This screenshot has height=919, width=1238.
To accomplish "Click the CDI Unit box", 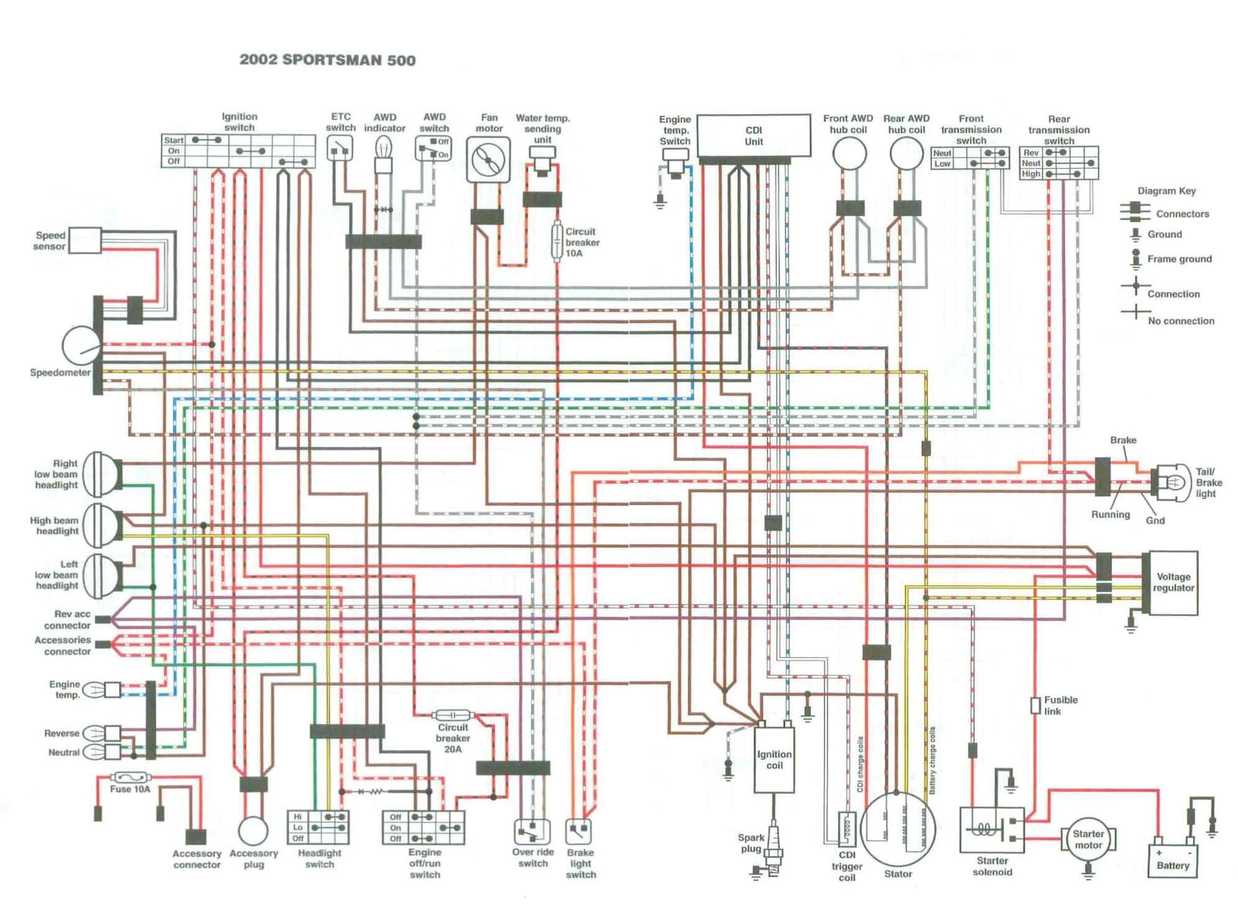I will [x=753, y=135].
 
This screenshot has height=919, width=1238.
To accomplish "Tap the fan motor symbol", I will [x=488, y=160].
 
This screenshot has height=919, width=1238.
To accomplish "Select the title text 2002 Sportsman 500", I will [x=327, y=60].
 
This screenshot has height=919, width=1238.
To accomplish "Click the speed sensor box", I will [x=84, y=240].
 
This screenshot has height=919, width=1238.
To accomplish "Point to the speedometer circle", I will [x=81, y=346].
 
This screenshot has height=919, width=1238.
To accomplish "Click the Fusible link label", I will [x=1060, y=706].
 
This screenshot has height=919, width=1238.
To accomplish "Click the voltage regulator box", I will [x=1172, y=583].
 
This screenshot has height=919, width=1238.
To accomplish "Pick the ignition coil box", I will [x=773, y=760].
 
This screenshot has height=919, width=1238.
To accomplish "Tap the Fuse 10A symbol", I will [x=129, y=778].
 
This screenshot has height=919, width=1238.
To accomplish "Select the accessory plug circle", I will [x=253, y=830].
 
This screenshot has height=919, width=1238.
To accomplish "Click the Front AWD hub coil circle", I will [x=849, y=153].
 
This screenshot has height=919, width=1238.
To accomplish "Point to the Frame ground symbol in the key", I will [x=1136, y=259].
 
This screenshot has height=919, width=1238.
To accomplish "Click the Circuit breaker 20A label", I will [x=453, y=738].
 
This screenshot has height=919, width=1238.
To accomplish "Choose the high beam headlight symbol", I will [x=101, y=526].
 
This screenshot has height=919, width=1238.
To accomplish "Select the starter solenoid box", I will [x=991, y=830].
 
